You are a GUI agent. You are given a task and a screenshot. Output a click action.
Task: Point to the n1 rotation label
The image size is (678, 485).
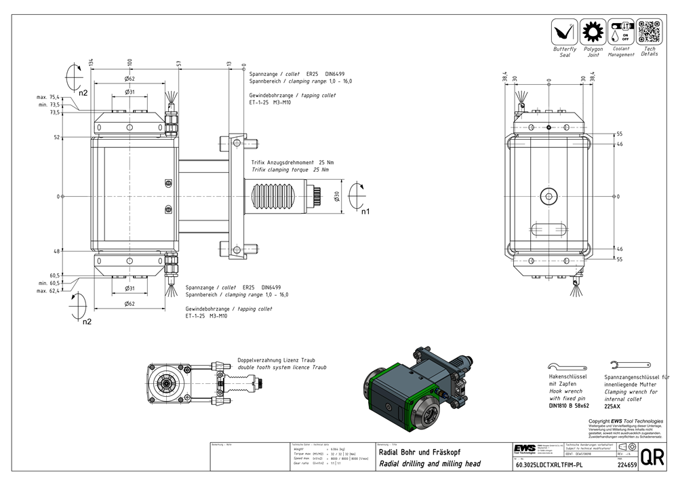tap(365, 212)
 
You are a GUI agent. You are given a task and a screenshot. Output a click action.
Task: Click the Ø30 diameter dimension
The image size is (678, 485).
tap(337, 196)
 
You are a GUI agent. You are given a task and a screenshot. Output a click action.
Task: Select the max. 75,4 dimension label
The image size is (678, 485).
tap(48, 97)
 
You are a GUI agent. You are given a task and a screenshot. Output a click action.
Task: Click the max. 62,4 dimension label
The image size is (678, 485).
tap(48, 290)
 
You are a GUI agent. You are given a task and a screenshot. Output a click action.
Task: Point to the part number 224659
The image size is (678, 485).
tap(627, 465)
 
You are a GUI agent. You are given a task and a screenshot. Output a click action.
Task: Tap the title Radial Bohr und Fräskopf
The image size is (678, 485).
tap(414, 452)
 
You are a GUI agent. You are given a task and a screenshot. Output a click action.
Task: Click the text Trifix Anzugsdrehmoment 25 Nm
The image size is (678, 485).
tap(292, 163)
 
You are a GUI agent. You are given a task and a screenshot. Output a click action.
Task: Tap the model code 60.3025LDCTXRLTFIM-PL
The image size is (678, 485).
tap(549, 465)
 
